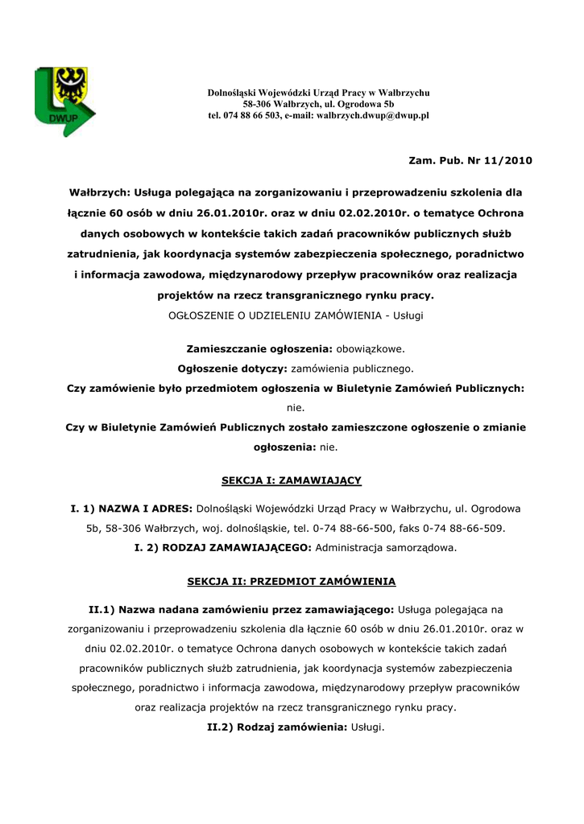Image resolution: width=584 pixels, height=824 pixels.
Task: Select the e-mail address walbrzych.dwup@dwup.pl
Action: tap(372, 116)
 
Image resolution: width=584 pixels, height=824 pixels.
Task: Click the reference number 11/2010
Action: tap(506, 160)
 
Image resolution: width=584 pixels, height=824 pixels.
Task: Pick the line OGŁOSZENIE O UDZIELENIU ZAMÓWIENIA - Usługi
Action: tap(295, 315)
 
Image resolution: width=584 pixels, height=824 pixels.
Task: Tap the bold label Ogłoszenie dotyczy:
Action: tap(232, 369)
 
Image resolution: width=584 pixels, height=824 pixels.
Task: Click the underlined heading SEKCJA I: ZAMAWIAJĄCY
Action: tap(292, 480)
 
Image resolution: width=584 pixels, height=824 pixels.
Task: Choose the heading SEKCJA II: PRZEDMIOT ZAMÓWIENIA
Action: tap(292, 580)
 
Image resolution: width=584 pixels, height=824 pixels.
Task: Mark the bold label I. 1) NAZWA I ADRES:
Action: tap(131, 509)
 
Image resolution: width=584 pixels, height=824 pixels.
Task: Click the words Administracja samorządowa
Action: tap(386, 547)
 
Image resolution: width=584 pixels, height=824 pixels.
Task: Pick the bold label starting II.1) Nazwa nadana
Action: tap(241, 610)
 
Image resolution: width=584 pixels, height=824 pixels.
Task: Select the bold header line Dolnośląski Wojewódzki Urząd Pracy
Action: tap(318, 93)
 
